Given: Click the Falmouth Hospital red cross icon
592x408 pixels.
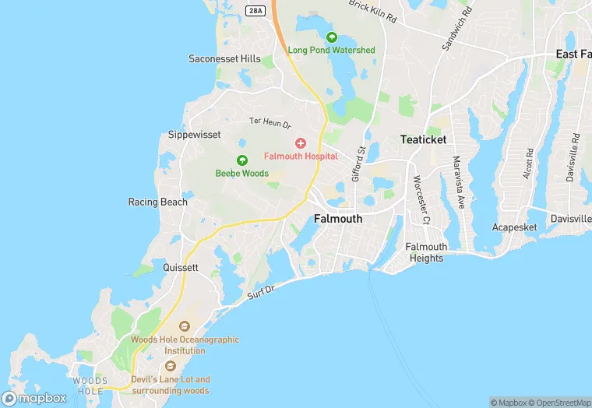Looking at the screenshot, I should pyautogui.click(x=301, y=143).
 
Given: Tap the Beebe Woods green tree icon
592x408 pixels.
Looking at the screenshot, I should pyautogui.click(x=242, y=160).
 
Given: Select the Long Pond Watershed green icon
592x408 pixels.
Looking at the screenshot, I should pyautogui.click(x=332, y=37).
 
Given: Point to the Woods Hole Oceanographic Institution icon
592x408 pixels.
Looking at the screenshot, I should pyautogui.click(x=185, y=326).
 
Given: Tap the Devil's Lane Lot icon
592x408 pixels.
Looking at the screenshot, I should pyautogui.click(x=171, y=366).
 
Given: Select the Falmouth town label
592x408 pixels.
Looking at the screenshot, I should pyautogui.click(x=338, y=219).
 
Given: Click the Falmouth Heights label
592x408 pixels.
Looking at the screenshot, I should pyautogui.click(x=426, y=252).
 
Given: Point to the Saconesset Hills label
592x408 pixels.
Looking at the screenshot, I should pyautogui.click(x=224, y=58).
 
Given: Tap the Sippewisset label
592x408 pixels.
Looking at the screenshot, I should pyautogui.click(x=195, y=135).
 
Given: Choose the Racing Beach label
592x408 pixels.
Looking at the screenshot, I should pyautogui.click(x=157, y=202).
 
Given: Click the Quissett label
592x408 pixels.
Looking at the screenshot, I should pyautogui.click(x=181, y=267).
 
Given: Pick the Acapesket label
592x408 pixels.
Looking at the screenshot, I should pyautogui.click(x=515, y=227).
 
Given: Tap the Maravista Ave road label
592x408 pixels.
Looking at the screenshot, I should pyautogui.click(x=459, y=181).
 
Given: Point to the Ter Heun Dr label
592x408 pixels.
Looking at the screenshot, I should pyautogui.click(x=270, y=122).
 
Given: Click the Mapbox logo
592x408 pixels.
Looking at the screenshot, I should pyautogui.click(x=34, y=398).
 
